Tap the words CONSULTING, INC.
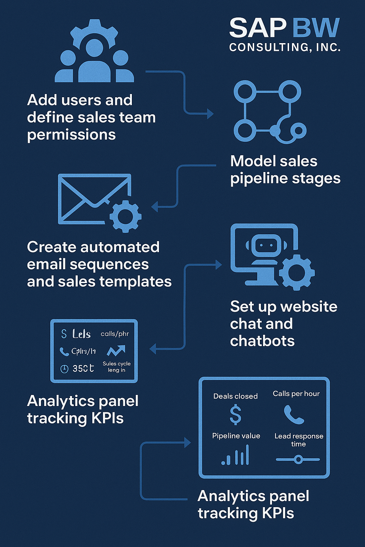click(284, 47)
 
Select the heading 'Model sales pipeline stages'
click(285, 170)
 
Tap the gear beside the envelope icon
click(125, 216)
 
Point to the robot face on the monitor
click(262, 245)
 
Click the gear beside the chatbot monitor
click(297, 272)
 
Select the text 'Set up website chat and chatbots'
click(283, 324)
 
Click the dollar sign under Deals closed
click(235, 415)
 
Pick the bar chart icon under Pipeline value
click(235, 455)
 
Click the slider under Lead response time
click(298, 459)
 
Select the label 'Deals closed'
click(235, 396)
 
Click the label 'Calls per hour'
click(296, 394)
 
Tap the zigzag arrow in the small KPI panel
click(116, 351)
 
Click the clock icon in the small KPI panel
click(64, 369)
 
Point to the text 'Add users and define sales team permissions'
click(91, 117)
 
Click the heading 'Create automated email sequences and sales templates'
click(99, 264)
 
